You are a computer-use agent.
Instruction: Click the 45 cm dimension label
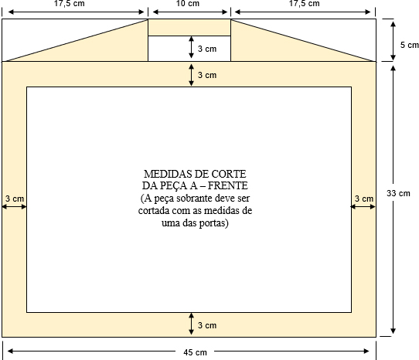[x=195, y=352]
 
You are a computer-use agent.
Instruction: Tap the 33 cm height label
[x=398, y=193]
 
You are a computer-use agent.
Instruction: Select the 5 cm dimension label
[x=410, y=45]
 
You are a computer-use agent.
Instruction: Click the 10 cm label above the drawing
[x=188, y=3]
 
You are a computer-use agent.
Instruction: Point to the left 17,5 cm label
[x=70, y=3]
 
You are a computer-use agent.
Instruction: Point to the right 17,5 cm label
[x=304, y=3]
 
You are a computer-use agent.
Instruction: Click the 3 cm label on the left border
[x=15, y=199]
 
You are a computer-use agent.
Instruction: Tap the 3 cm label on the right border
[x=364, y=199]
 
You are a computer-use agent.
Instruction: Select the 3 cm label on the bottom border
[x=207, y=325]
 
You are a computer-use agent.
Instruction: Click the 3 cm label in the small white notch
[x=207, y=49]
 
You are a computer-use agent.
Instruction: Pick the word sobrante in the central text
[x=195, y=199]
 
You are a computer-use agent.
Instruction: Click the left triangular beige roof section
[x=101, y=49]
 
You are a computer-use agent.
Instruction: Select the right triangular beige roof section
[x=278, y=49]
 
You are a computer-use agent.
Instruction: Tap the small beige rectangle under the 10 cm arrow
[x=189, y=28]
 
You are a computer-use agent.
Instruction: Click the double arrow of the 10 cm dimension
[x=190, y=12]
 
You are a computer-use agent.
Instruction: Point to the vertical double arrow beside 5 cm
[x=393, y=41]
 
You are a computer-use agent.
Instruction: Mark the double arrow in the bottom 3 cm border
[x=191, y=324]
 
